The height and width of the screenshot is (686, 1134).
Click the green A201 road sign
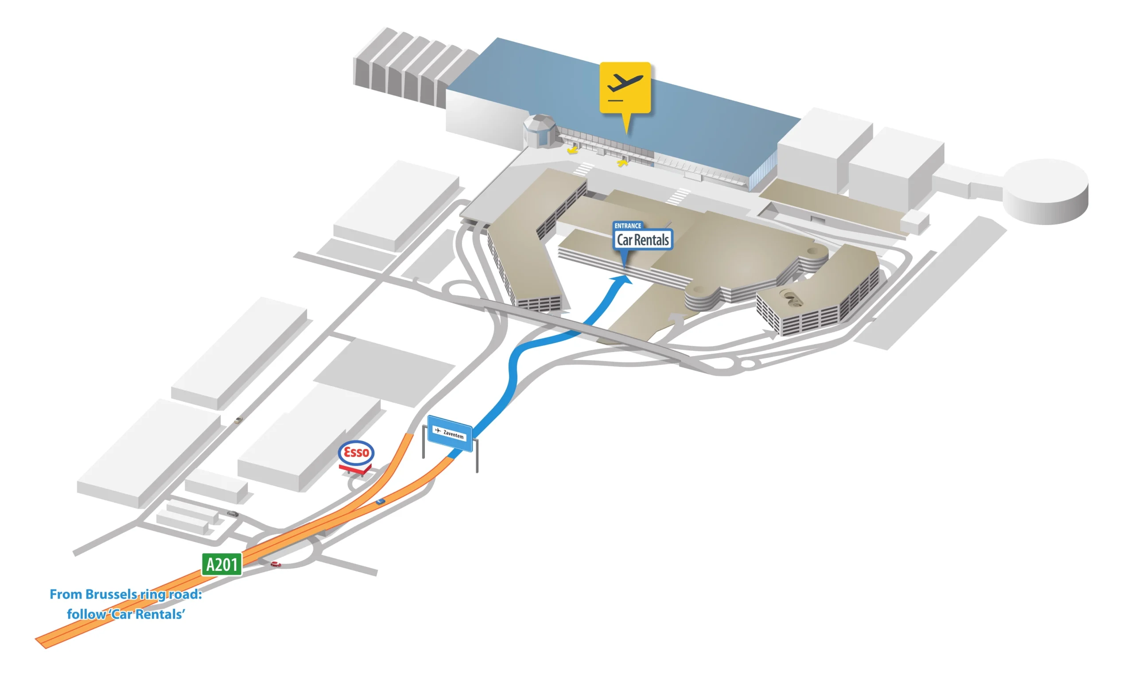(221, 564)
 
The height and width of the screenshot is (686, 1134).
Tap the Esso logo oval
(356, 452)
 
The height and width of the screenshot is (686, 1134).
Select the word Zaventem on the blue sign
(453, 434)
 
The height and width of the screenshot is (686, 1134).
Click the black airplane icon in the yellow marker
(624, 83)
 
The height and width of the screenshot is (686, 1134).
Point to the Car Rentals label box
(643, 240)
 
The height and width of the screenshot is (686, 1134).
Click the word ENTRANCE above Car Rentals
(628, 226)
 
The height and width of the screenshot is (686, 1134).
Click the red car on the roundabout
(275, 564)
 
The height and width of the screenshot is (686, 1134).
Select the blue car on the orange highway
(380, 501)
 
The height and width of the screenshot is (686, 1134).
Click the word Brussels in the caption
(110, 594)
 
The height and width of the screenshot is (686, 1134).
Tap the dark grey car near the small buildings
(233, 513)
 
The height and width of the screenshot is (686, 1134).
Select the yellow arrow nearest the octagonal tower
(572, 150)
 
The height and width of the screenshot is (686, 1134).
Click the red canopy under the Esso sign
(355, 469)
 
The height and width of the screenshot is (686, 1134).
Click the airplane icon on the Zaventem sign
(437, 430)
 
